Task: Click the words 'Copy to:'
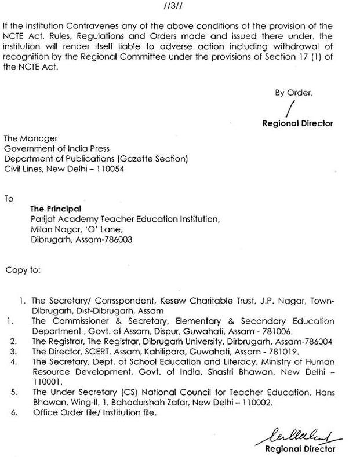point(23,270)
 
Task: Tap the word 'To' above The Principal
point(9,198)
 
